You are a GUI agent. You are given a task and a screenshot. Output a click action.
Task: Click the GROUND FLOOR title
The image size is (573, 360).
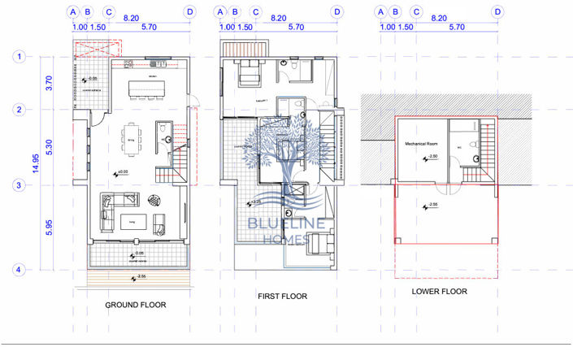(136, 305)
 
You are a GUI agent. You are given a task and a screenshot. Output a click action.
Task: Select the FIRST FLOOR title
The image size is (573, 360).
(282, 297)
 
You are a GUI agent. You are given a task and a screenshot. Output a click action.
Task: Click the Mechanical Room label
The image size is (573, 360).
(423, 143)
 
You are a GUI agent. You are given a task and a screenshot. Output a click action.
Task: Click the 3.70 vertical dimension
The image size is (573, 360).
(50, 83)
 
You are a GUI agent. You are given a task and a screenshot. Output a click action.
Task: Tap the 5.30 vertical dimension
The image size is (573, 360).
(50, 148)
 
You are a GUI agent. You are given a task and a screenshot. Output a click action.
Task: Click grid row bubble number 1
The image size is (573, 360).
(18, 57)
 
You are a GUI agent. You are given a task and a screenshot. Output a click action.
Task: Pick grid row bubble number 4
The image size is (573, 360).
(18, 269)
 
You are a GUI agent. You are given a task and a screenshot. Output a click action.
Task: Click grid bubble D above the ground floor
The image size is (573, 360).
(190, 12)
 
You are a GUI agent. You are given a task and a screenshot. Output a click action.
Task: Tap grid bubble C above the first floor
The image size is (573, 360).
(255, 12)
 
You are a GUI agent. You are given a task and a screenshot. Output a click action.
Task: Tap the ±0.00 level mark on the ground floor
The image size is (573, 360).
(122, 172)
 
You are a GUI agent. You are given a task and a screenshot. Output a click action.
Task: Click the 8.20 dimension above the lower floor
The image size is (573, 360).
(439, 16)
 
